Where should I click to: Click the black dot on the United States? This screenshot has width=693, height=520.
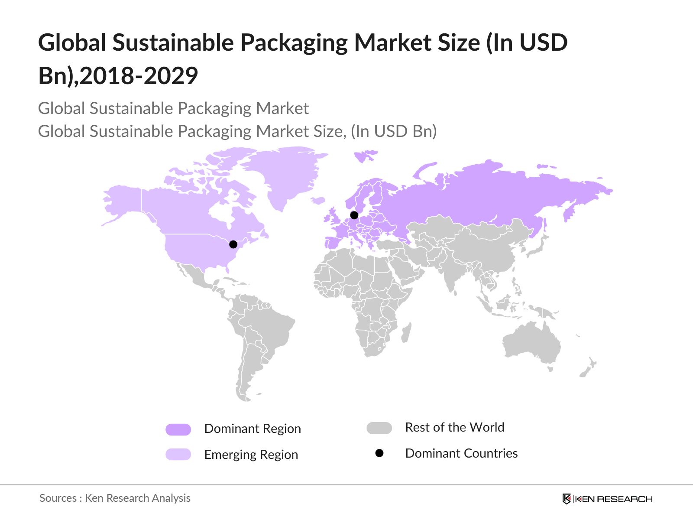coord(233,244)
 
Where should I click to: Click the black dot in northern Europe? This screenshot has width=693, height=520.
coord(354,215)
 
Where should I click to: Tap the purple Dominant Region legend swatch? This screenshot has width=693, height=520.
coord(178,429)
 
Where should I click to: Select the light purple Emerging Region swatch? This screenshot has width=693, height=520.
coord(178,454)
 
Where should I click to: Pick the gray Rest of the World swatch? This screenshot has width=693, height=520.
coord(379,428)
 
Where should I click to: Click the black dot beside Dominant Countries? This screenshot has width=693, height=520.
coord(379,453)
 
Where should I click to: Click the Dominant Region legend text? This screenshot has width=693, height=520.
coord(253,429)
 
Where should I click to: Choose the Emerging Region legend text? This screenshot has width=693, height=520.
coord(251,455)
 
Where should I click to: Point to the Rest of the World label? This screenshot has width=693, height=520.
coord(454,427)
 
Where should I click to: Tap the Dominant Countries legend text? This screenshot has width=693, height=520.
coord(461,453)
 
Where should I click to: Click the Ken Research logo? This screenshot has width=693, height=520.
coord(607,499)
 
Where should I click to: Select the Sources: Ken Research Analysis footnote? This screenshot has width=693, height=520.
coord(115,498)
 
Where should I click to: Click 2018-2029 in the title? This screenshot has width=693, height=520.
coord(139,76)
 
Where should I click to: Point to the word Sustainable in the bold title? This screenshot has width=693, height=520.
coord(173,42)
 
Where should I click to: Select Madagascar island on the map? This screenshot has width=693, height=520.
coord(406,333)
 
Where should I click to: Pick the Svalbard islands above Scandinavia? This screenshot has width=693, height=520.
coord(365,155)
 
